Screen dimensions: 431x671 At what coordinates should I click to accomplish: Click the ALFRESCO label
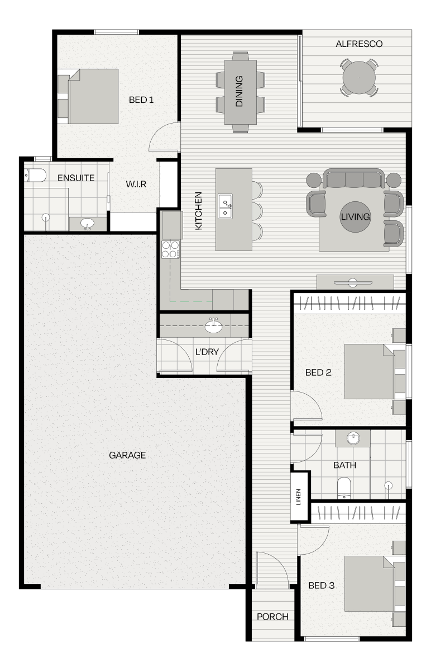(358, 44)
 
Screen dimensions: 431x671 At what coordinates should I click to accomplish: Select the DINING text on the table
(240, 91)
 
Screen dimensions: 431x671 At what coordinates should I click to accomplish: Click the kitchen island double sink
(225, 206)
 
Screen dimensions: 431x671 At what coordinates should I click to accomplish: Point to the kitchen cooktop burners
(170, 249)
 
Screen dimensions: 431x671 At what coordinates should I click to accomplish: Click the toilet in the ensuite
(35, 175)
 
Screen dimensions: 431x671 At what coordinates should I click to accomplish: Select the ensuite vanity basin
(87, 224)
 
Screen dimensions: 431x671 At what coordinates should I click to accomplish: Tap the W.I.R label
(136, 184)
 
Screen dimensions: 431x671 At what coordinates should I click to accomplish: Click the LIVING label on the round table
(355, 216)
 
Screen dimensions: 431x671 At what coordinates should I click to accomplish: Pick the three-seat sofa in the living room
(354, 178)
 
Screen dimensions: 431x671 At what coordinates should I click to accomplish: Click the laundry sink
(214, 326)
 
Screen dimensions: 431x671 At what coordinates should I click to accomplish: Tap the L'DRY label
(207, 352)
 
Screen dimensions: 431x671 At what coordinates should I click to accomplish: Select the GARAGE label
(127, 455)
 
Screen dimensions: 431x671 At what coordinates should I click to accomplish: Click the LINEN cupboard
(300, 497)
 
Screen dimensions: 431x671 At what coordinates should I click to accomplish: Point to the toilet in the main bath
(344, 489)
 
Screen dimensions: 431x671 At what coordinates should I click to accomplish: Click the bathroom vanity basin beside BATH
(353, 438)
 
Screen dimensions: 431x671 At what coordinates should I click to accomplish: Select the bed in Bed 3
(370, 584)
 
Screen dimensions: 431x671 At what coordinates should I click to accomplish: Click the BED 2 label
(318, 372)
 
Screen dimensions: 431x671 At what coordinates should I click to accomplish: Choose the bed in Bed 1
(93, 96)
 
